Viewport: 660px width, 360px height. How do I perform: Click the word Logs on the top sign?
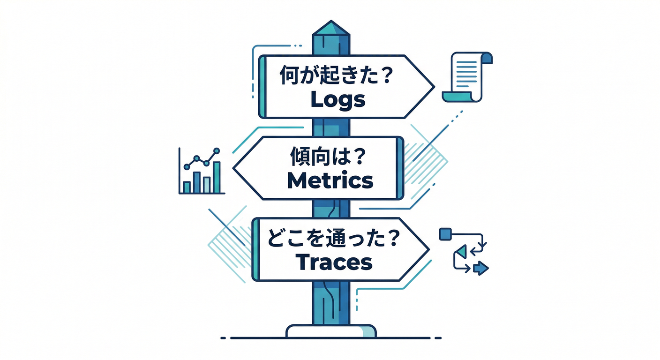click(338, 100)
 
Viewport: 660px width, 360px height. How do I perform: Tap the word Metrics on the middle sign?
click(330, 180)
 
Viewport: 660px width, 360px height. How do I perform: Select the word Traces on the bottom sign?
click(334, 262)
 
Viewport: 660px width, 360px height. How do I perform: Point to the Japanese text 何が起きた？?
click(337, 75)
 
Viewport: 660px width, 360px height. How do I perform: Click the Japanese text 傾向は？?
click(328, 157)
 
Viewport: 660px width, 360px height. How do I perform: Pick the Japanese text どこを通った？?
click(333, 238)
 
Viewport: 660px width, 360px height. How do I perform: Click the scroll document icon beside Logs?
click(467, 77)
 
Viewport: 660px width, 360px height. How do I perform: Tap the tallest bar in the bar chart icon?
click(217, 177)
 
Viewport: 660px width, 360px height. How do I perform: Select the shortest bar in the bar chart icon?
click(187, 187)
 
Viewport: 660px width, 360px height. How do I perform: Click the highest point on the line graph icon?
click(217, 151)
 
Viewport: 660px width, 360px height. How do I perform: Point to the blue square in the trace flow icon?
click(445, 234)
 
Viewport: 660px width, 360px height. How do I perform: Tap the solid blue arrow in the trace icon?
click(481, 268)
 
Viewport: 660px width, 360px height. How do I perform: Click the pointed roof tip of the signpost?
click(331, 21)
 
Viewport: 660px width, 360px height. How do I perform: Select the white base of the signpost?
click(331, 331)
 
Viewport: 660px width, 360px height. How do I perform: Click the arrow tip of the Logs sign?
click(435, 87)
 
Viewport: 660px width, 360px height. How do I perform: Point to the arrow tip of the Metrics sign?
click(233, 168)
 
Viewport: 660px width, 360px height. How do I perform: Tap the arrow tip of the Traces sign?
click(429, 249)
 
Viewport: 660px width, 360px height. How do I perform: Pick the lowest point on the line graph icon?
click(187, 167)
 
